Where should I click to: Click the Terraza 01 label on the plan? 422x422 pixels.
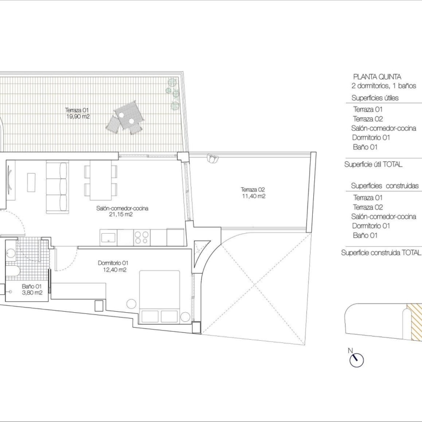(77, 110)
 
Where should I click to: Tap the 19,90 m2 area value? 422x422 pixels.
(78, 116)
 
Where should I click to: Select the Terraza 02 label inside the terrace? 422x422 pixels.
(253, 189)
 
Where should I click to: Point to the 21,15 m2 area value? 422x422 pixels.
(121, 214)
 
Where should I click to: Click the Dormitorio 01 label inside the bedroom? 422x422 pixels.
(113, 263)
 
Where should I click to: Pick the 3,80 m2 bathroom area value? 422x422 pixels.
(32, 293)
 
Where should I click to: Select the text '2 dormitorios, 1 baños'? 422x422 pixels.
(384, 86)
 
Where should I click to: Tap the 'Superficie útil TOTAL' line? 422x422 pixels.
(373, 164)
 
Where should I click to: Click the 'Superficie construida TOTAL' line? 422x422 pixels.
(381, 253)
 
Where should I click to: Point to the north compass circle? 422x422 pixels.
(357, 360)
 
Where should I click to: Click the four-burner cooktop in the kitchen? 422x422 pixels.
(142, 238)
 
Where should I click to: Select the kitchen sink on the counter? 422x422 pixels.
(108, 238)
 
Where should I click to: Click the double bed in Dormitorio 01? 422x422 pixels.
(160, 296)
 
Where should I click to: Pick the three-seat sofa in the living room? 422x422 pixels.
(57, 187)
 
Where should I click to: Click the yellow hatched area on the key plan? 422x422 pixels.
(414, 322)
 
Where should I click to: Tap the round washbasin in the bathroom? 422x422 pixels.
(11, 253)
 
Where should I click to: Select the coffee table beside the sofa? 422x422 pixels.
(31, 182)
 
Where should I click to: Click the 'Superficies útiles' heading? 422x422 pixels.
(375, 98)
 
